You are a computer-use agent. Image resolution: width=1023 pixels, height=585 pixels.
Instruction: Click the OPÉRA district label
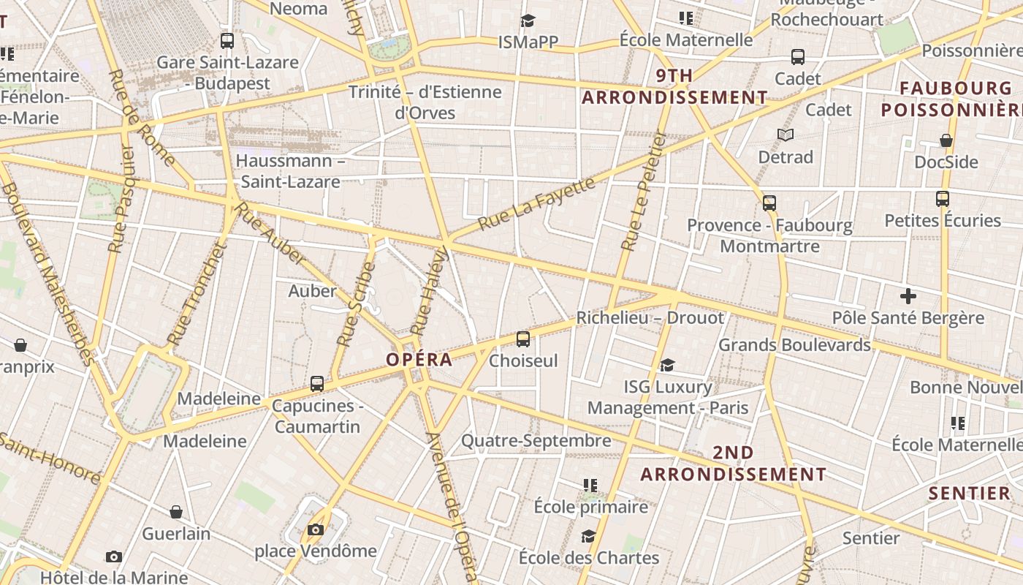tap(419, 360)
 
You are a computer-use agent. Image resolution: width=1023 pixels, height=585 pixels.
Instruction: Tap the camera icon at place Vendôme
tap(316, 529)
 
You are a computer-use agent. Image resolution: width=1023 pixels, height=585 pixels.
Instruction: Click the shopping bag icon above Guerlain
tap(175, 512)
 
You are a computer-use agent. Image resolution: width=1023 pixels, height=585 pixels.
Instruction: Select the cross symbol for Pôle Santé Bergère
tap(908, 296)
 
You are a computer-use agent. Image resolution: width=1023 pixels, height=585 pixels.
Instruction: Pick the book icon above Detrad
tap(786, 135)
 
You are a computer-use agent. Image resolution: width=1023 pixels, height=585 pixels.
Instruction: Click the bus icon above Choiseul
tap(523, 339)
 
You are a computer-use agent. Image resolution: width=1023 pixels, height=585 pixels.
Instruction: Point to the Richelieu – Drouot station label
tap(650, 318)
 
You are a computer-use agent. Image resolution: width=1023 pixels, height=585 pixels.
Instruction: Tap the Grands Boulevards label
tap(794, 344)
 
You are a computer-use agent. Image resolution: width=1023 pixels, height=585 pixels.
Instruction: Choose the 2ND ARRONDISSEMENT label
tap(733, 464)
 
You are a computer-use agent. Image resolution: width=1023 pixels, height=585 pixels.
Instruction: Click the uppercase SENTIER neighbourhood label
tap(969, 494)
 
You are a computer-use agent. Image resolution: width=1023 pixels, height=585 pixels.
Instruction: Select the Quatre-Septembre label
tap(536, 441)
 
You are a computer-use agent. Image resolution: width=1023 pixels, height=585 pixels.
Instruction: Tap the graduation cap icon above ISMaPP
tap(528, 21)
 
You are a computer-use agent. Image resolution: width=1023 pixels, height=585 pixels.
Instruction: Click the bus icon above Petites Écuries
tap(942, 198)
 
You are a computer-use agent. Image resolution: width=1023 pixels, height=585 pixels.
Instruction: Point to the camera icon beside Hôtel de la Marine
tap(113, 557)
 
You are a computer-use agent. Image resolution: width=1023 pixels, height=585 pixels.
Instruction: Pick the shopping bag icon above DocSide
tap(946, 140)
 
